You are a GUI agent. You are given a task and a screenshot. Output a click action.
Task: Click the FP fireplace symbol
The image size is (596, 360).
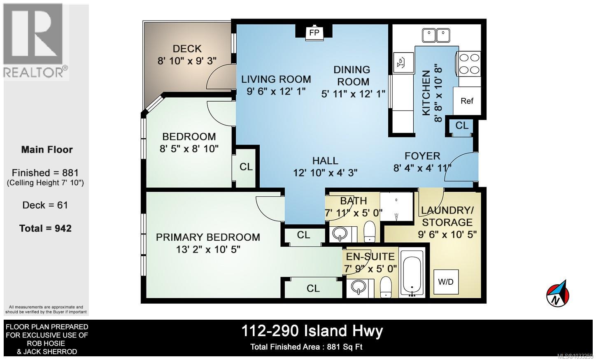[314, 33]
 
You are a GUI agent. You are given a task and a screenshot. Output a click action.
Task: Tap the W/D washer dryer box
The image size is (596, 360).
[445, 282]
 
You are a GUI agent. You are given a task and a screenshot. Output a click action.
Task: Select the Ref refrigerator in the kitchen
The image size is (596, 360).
[467, 101]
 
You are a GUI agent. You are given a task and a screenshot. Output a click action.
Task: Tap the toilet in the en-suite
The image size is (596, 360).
[386, 287]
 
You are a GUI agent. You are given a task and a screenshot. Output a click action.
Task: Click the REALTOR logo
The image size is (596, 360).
[35, 41]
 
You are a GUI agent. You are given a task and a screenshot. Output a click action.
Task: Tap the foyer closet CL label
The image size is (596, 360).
[462, 125]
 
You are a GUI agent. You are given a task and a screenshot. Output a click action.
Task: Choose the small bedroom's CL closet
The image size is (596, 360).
[246, 167]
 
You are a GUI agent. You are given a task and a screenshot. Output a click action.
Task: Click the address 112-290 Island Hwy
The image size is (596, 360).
[312, 331]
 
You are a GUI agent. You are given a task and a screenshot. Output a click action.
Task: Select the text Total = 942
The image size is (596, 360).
[46, 228]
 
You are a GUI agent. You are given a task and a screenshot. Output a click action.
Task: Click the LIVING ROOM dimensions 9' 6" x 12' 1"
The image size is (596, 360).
[276, 91]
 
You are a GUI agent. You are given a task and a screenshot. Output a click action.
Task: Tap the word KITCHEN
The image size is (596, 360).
[426, 93]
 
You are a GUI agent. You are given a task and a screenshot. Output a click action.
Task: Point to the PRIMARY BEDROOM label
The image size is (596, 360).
[208, 237]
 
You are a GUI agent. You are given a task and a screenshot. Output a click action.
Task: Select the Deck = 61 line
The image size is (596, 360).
[45, 205]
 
